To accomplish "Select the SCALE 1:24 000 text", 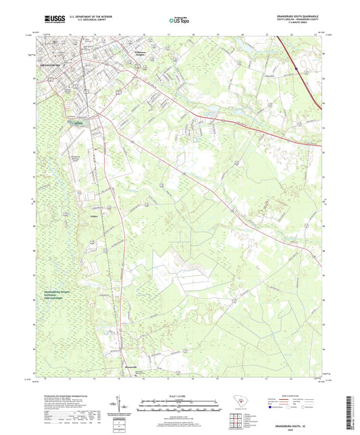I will tap(179, 396).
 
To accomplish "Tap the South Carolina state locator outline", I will tap(237, 403).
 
